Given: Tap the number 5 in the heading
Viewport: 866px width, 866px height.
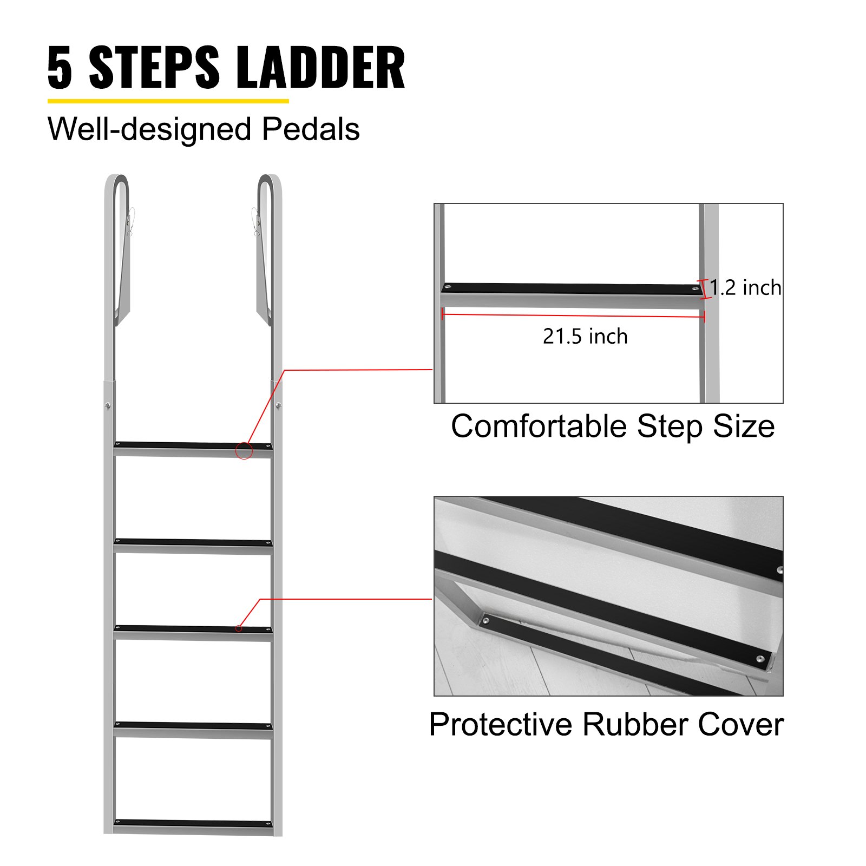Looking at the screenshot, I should tap(60, 68).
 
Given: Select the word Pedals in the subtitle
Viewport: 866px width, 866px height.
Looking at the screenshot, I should tap(311, 130).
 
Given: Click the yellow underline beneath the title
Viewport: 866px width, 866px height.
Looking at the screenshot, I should tap(168, 101).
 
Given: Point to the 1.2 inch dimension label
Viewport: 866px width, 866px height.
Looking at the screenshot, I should tap(745, 288).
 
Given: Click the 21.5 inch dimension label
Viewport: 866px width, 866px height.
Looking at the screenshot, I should tap(585, 337).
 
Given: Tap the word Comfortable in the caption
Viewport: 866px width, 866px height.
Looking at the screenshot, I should tap(539, 427).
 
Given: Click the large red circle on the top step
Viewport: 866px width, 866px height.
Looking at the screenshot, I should tap(244, 450).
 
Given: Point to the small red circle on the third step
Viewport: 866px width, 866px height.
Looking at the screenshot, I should tap(239, 628).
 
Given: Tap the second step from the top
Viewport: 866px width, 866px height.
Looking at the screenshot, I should tap(193, 544).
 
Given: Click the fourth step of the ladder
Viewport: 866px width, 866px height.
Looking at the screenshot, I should tap(193, 727).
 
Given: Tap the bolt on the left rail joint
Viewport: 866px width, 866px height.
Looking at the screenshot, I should tap(108, 405).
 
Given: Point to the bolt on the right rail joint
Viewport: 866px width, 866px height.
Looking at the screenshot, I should tap(278, 405).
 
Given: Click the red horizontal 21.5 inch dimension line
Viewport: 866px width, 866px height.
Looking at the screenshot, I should tap(574, 315).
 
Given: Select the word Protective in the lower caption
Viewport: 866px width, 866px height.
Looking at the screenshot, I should tap(500, 725).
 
